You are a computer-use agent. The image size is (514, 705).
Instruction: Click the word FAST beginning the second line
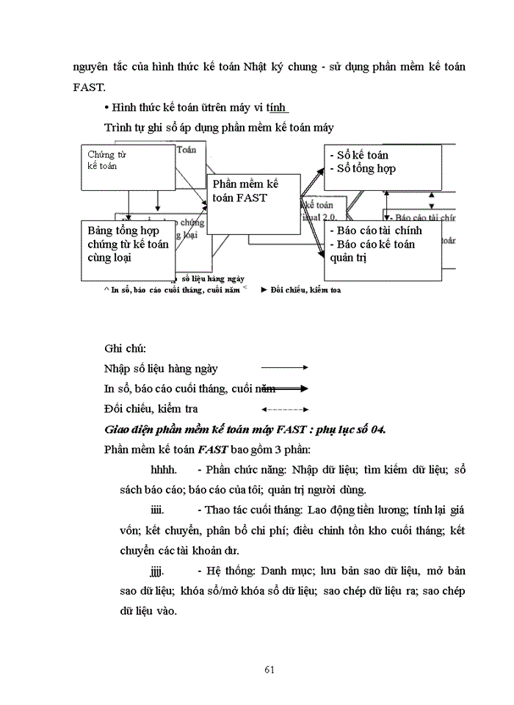(89, 88)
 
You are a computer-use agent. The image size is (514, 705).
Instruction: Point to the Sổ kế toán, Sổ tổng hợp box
(383, 167)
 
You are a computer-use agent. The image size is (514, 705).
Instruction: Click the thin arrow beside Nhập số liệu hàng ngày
(284, 367)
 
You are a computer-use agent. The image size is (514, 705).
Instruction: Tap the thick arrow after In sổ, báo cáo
(284, 388)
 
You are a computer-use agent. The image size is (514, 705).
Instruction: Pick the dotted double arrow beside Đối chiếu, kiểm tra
(284, 409)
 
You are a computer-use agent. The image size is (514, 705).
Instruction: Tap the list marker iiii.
(156, 510)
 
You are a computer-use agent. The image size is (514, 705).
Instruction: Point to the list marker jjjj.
(156, 570)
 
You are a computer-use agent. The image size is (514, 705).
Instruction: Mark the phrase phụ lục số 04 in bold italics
(349, 429)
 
